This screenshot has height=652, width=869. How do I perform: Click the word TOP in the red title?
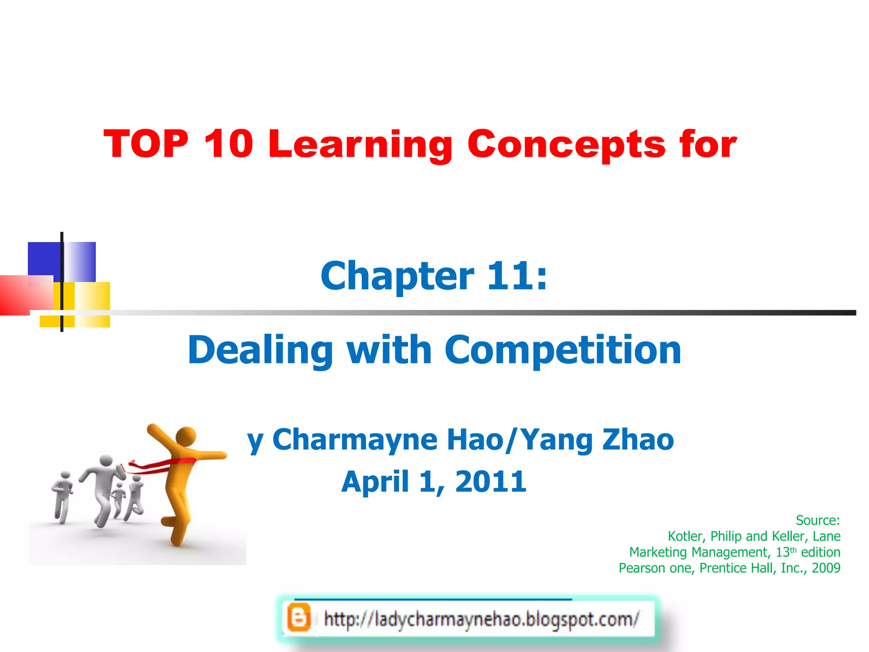(146, 144)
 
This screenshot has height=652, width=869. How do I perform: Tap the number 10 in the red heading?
(228, 144)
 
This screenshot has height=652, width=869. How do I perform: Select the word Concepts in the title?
(566, 145)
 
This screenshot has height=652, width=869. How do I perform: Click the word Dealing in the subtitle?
(260, 351)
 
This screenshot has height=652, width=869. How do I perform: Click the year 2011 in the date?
(491, 482)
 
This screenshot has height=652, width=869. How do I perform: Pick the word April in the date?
(375, 482)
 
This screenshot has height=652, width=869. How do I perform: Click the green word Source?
(817, 520)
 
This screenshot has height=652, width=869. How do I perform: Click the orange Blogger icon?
(298, 618)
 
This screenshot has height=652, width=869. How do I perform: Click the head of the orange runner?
(185, 436)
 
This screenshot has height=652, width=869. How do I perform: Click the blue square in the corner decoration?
(44, 259)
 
